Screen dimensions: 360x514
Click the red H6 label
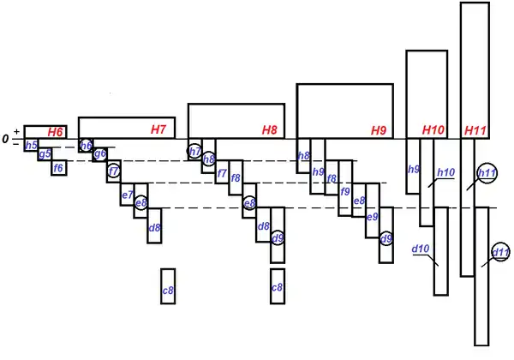coord(55,131)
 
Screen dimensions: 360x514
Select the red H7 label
coord(158,130)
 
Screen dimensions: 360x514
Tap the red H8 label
coord(270,130)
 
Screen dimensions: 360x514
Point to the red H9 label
coord(379,130)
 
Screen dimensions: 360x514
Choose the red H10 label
coord(433,130)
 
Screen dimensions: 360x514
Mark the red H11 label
coord(475,130)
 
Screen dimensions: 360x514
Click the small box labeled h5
coord(31,146)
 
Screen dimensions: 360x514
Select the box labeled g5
coord(45,155)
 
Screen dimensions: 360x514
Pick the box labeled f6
coord(58,168)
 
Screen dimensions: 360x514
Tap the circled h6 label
coord(86,146)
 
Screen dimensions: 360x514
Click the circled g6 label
coord(100,154)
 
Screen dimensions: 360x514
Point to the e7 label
coord(127,195)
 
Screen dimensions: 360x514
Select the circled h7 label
coord(195,152)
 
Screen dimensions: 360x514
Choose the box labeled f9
coord(345,191)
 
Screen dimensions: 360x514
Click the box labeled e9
coord(373,217)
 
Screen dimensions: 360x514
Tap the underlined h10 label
coord(445,172)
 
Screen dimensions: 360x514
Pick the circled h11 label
coord(487,173)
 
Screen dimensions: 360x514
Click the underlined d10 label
coord(420,249)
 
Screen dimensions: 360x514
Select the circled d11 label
coord(500,252)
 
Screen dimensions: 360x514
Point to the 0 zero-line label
coord(6,138)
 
